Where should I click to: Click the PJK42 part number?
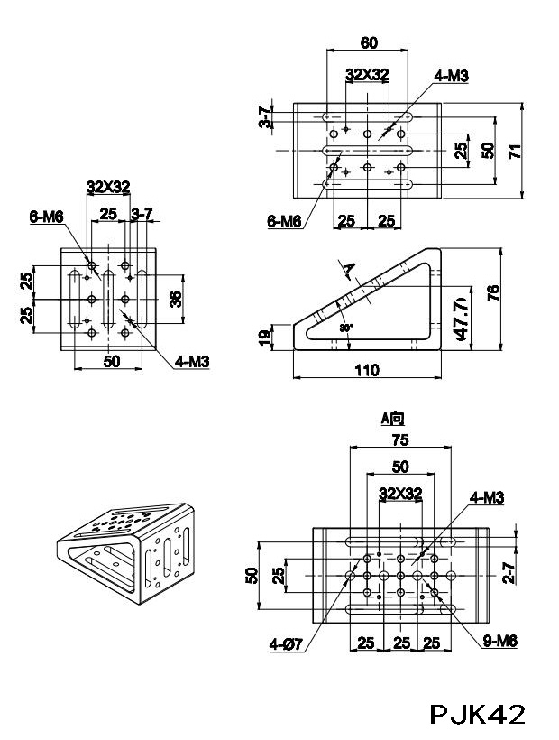(477, 714)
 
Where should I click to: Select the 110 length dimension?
(367, 370)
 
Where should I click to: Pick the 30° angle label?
(346, 328)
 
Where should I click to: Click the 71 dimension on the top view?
(515, 150)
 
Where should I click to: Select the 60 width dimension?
(369, 42)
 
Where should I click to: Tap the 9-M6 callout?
(499, 642)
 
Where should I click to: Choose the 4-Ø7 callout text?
(285, 643)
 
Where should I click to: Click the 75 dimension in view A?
(400, 439)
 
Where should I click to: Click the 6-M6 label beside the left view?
(45, 216)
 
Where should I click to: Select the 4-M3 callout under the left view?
(192, 362)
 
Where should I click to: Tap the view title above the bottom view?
(393, 418)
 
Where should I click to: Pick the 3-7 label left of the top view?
(264, 118)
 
